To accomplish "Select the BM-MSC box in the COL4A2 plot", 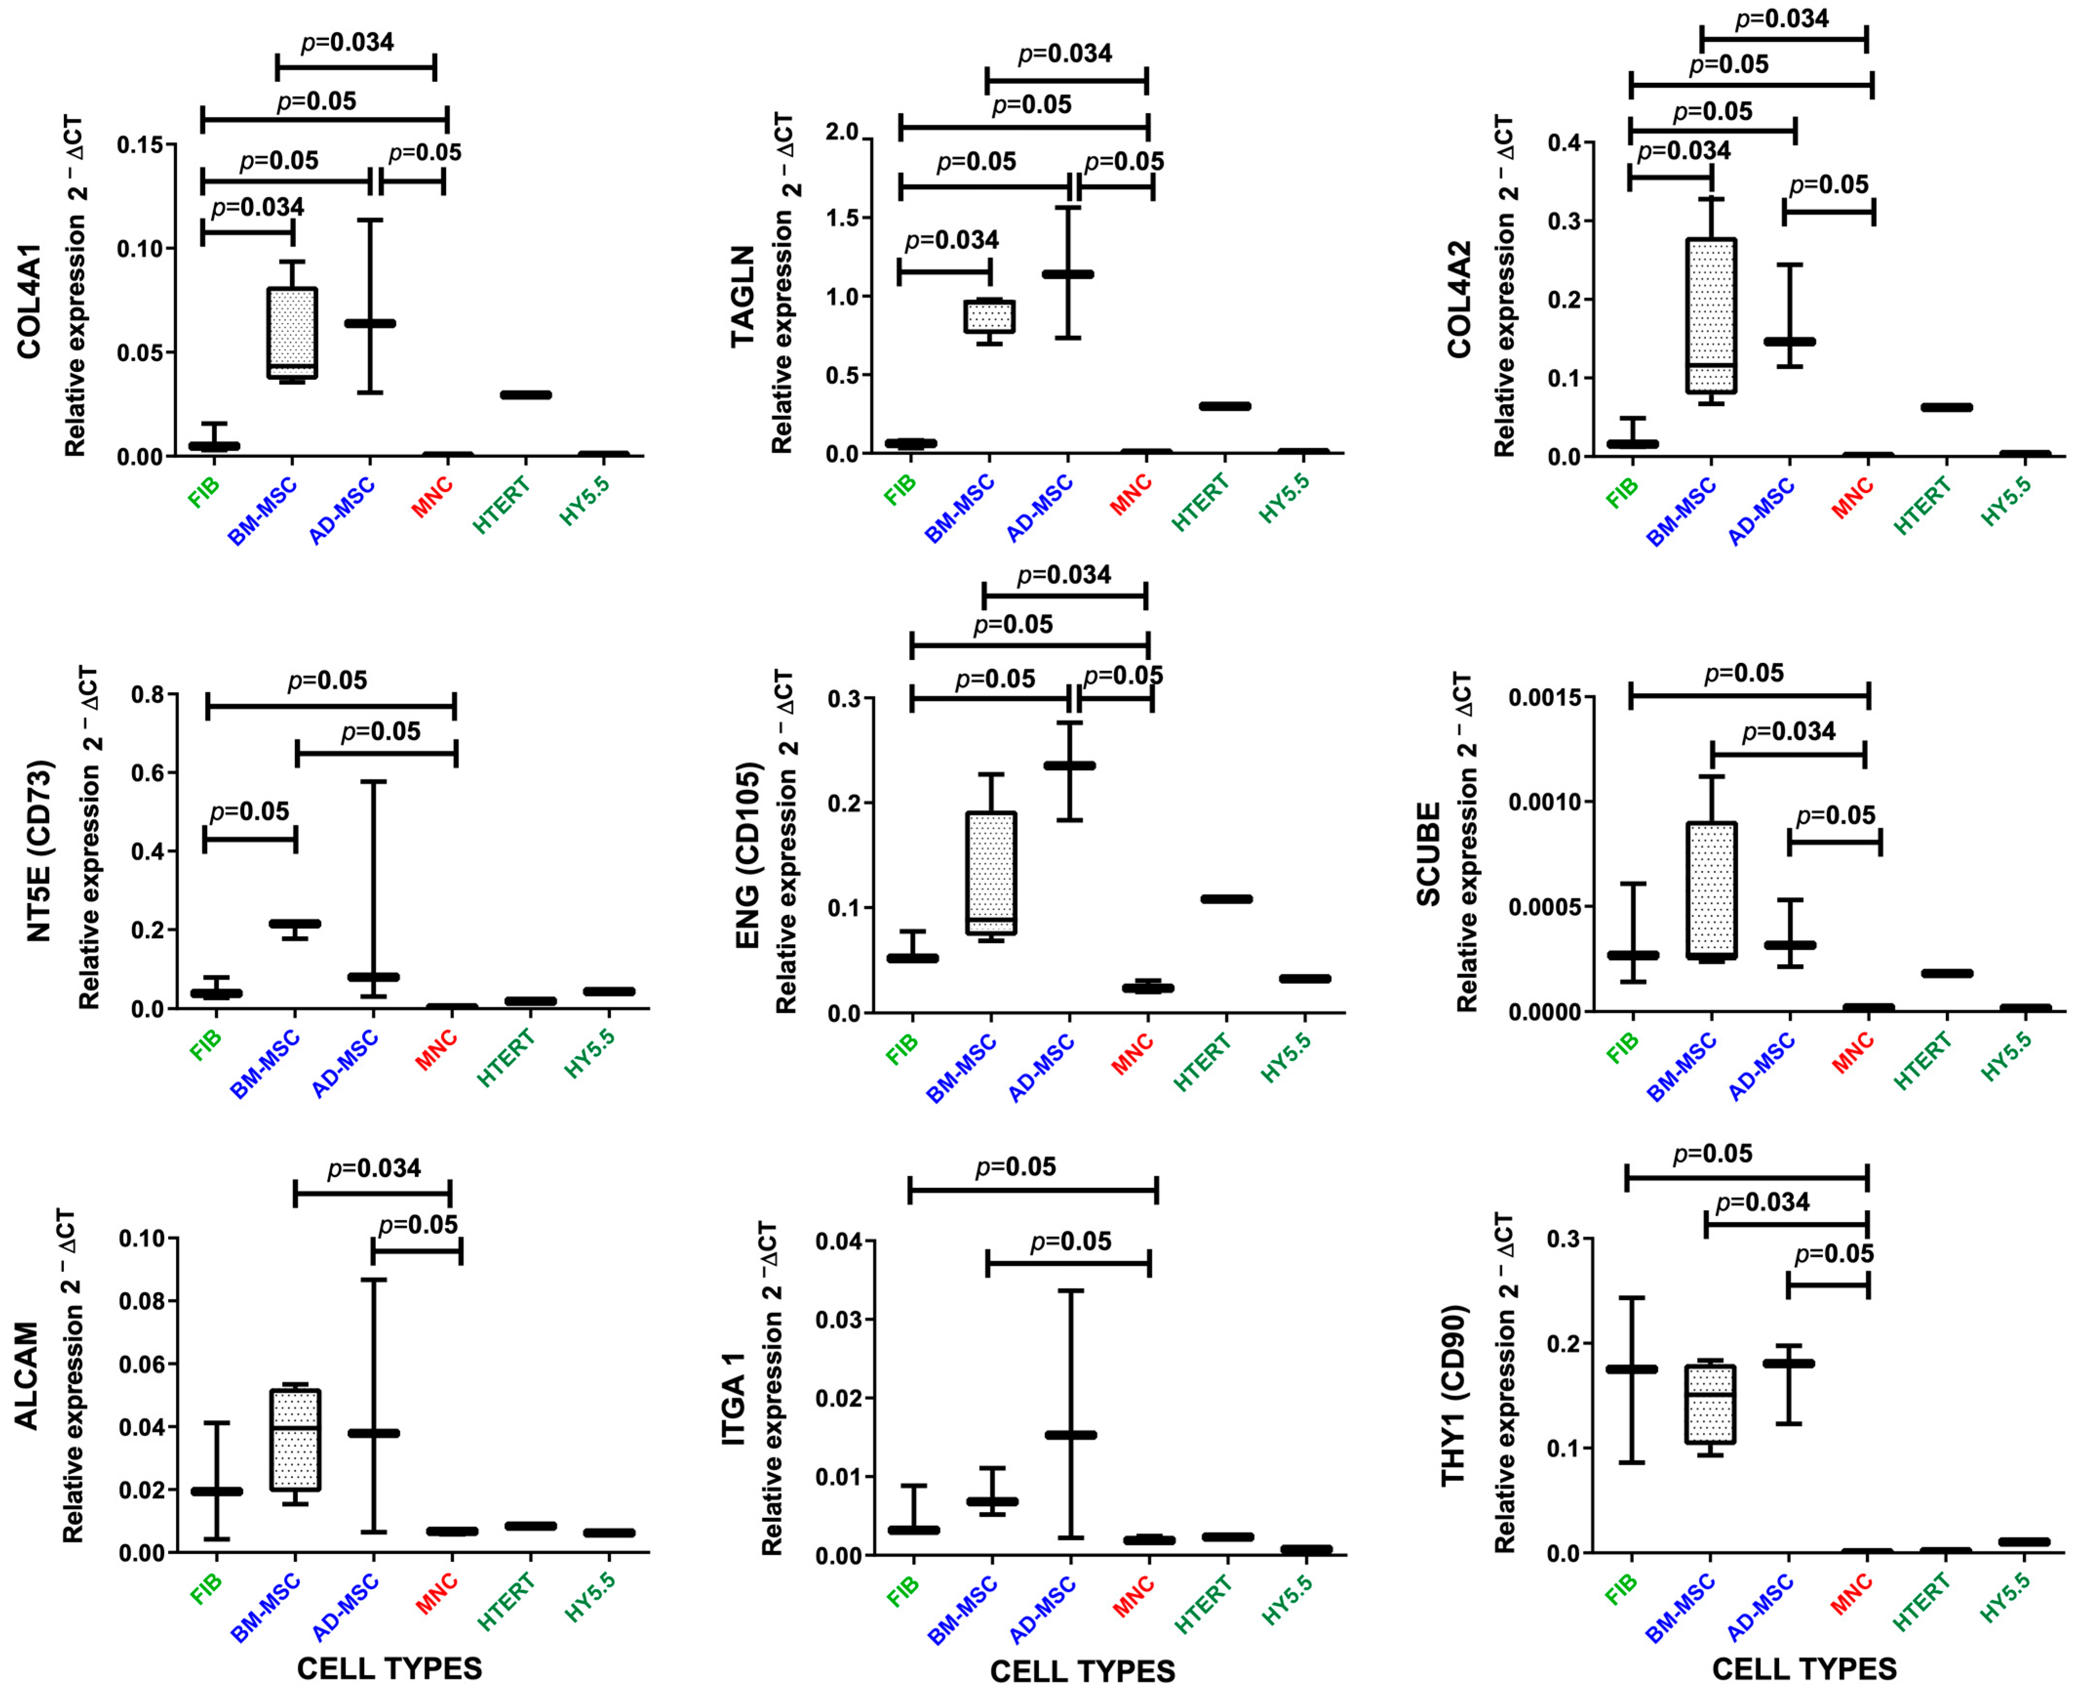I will tap(1711, 315).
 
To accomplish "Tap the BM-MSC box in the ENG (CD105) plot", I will tap(991, 872).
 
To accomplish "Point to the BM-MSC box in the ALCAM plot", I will tap(295, 1438).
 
